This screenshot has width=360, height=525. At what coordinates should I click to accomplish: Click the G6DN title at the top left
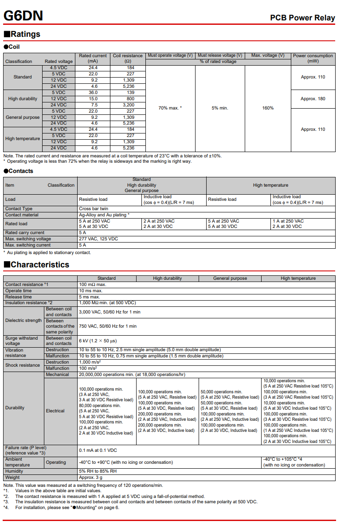pyautogui.click(x=23, y=16)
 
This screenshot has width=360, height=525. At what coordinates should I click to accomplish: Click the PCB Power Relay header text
pyautogui.click(x=302, y=18)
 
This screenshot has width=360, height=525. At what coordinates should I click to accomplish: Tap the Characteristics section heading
pyautogui.click(x=39, y=265)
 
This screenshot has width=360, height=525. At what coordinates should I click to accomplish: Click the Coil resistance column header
pyautogui.click(x=128, y=58)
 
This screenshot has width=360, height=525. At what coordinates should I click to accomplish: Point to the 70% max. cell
pyautogui.click(x=170, y=108)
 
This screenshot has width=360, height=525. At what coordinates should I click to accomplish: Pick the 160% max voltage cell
pyautogui.click(x=268, y=108)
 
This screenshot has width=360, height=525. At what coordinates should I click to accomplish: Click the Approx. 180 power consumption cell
pyautogui.click(x=313, y=98)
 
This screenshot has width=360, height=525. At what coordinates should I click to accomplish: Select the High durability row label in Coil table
pyautogui.click(x=23, y=98)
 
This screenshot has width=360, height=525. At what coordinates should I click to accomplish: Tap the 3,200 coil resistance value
pyautogui.click(x=128, y=105)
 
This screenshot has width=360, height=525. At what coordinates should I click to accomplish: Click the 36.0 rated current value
pyautogui.click(x=93, y=92)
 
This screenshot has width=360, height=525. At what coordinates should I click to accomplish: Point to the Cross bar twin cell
pyautogui.click(x=94, y=208)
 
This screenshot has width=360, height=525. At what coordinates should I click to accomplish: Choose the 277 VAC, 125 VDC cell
pyautogui.click(x=98, y=239)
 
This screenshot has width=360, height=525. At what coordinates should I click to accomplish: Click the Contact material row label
pyautogui.click(x=22, y=215)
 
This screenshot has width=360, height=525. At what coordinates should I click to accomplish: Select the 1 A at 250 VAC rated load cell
pyautogui.click(x=288, y=221)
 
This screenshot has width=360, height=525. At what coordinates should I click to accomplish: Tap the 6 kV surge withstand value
pyautogui.click(x=98, y=341)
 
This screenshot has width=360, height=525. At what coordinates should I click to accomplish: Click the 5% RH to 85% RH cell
pyautogui.click(x=98, y=471)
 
